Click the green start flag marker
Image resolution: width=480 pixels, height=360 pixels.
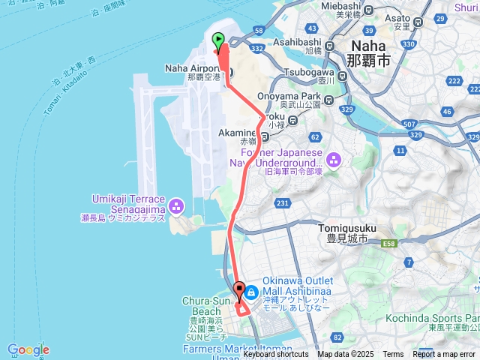219,40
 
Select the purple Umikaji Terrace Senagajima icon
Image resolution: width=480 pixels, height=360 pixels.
176,205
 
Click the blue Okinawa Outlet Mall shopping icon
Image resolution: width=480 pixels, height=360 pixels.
250,290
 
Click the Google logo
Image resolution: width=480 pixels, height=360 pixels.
28,349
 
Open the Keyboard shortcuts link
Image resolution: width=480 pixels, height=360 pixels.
275,355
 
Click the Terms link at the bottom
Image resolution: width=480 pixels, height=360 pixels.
393,355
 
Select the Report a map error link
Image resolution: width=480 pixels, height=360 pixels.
445,355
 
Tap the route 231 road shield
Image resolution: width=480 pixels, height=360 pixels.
283,202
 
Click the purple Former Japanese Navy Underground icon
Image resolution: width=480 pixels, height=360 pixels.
333,158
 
